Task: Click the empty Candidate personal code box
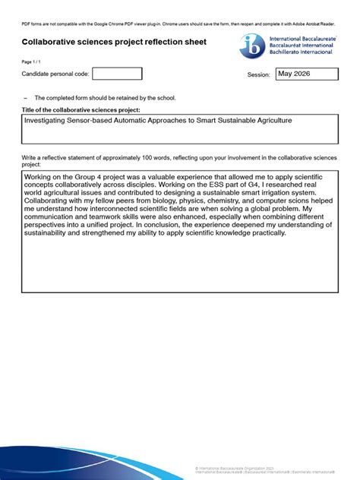[116, 74]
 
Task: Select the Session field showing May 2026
[306, 74]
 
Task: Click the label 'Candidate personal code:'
[55, 74]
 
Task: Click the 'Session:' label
[258, 75]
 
